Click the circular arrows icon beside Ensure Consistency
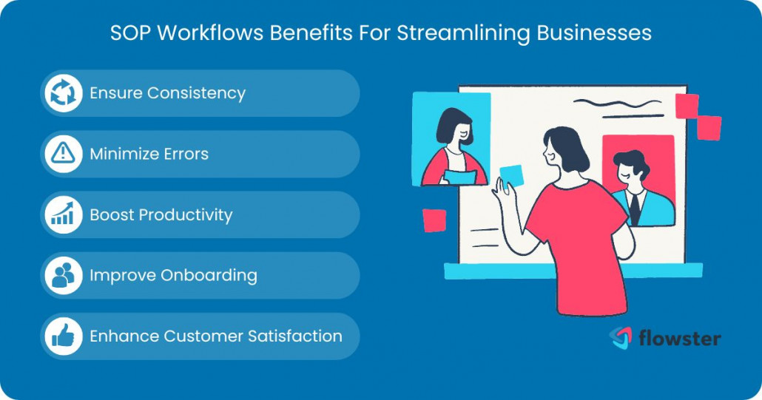(63, 93)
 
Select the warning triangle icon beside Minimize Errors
(63, 154)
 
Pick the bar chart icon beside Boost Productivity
(63, 214)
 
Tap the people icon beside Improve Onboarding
(63, 275)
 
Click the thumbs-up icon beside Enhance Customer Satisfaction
(63, 336)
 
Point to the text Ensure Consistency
(167, 93)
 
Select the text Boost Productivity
(161, 214)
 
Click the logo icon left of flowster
(620, 337)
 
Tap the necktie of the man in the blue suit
(634, 209)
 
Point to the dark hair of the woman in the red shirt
(568, 145)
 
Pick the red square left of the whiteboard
(434, 220)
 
